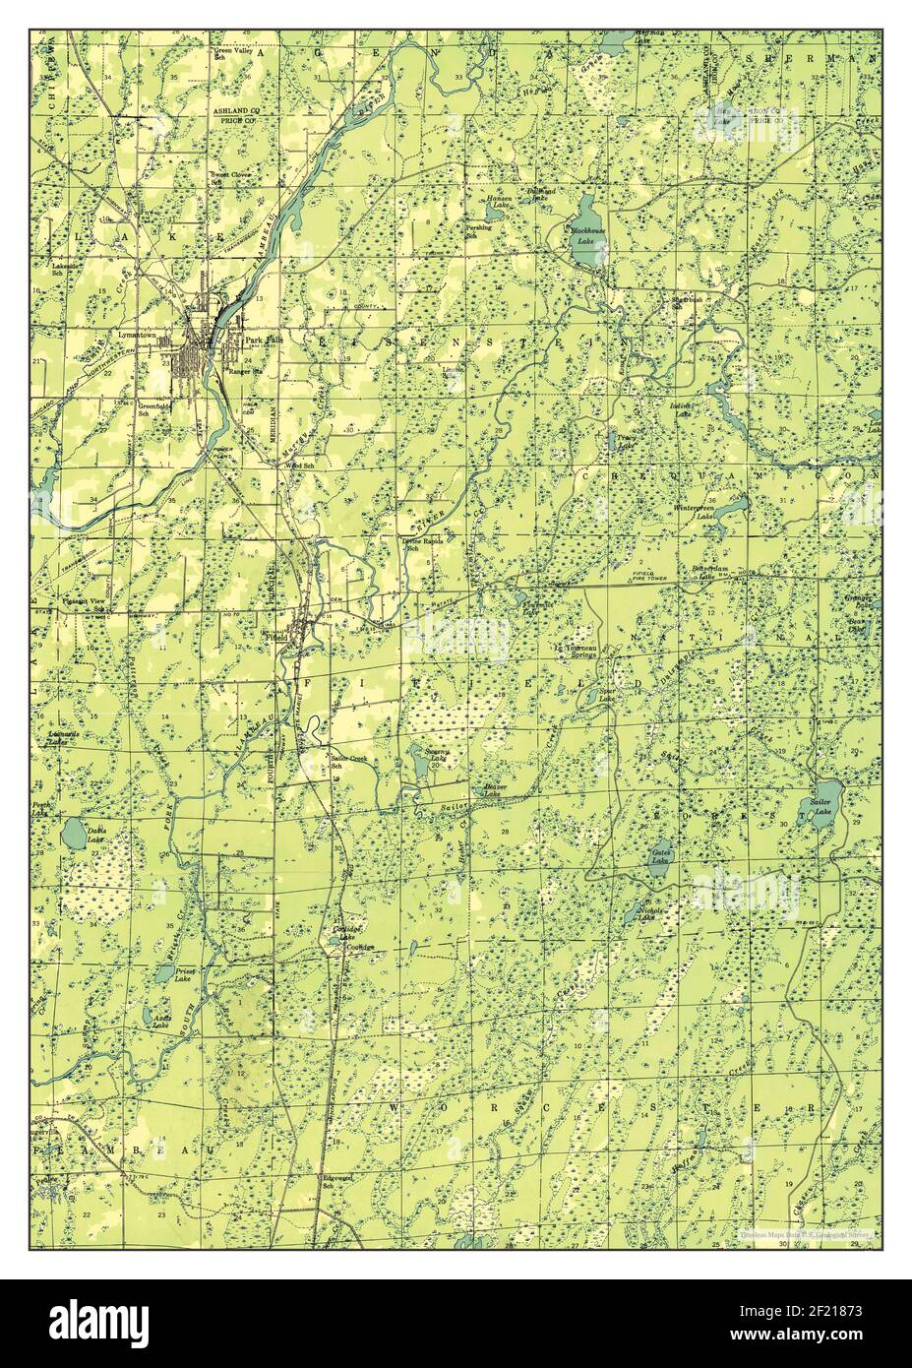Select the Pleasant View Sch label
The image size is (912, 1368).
pyautogui.click(x=85, y=602)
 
